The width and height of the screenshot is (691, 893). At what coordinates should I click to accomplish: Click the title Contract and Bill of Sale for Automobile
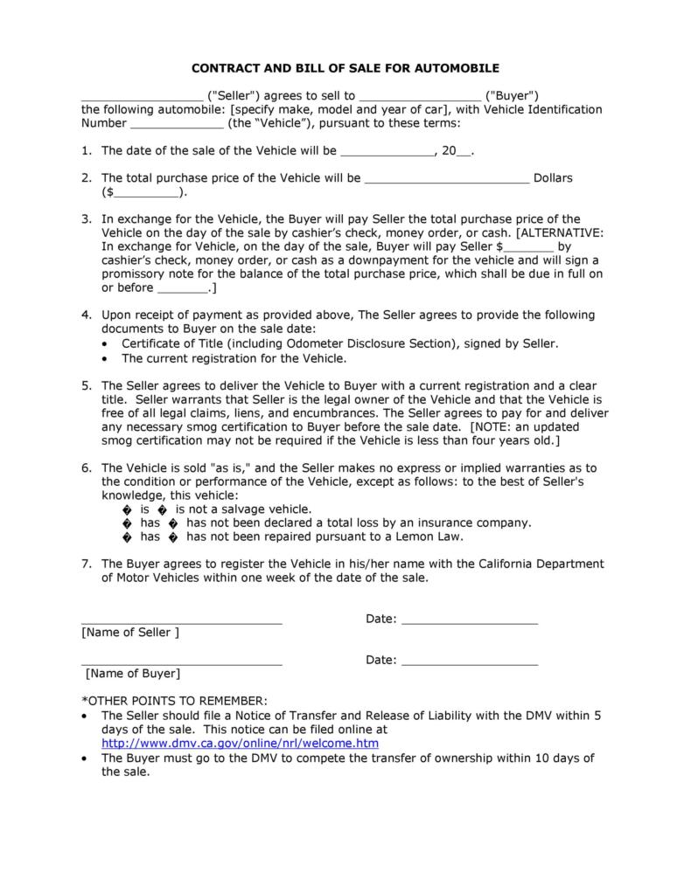pos(345,67)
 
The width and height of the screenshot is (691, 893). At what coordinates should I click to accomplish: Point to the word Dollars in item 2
pos(553,178)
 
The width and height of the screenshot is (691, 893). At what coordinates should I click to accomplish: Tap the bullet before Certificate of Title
pos(106,344)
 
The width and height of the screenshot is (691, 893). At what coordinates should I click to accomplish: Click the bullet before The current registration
pos(106,358)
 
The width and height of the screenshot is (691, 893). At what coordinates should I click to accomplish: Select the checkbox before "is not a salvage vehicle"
pos(163,509)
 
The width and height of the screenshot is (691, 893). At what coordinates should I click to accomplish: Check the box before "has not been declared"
pos(173,523)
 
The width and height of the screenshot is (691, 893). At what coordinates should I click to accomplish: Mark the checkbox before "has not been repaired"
pos(173,537)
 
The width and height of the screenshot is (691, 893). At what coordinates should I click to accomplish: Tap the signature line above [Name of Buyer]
pos(182,664)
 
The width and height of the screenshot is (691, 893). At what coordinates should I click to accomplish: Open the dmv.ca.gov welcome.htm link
pos(240,744)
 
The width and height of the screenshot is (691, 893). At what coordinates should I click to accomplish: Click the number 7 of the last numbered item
pos(87,564)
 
